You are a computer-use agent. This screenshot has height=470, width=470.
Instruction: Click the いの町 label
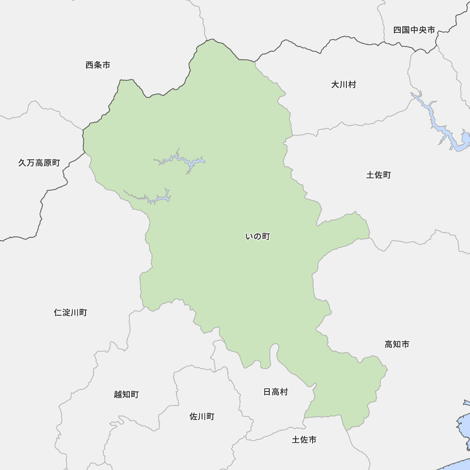click(257, 237)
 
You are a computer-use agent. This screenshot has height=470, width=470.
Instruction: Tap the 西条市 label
click(98, 65)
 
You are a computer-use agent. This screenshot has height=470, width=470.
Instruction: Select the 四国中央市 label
click(414, 30)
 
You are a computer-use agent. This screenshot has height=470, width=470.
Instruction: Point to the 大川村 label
click(343, 85)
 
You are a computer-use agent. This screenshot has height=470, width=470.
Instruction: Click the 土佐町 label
click(378, 175)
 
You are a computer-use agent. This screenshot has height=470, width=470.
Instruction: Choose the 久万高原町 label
click(39, 163)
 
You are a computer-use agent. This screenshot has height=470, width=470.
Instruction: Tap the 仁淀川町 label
click(70, 313)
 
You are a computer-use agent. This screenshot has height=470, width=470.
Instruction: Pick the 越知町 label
click(126, 394)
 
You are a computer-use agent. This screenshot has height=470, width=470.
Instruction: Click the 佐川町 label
click(202, 416)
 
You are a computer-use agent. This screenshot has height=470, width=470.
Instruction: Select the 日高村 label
click(275, 392)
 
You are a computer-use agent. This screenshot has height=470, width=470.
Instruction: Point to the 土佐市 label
click(304, 440)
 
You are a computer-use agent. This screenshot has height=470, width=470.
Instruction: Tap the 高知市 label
click(397, 345)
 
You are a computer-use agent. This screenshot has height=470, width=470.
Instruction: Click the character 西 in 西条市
click(90, 65)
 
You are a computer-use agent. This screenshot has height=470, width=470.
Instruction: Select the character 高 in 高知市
click(389, 345)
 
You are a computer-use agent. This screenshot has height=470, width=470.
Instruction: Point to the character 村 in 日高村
click(283, 392)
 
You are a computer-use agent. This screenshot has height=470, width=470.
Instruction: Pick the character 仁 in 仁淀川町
click(58, 313)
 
